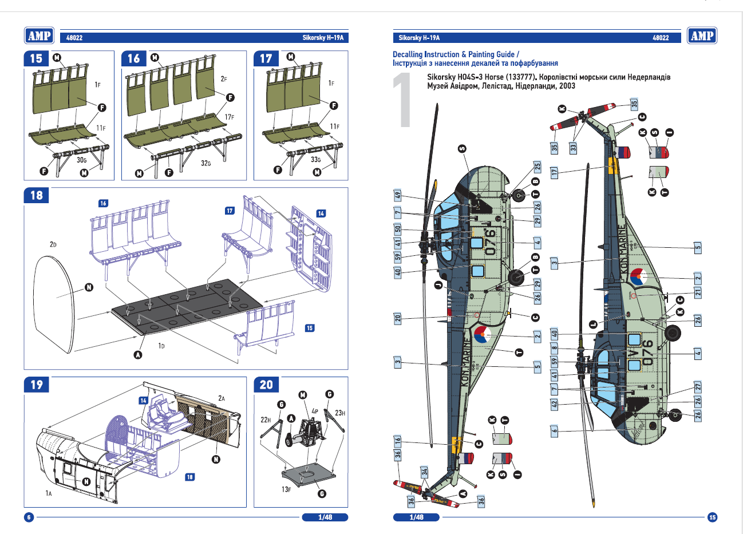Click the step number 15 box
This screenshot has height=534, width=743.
click(x=36, y=58)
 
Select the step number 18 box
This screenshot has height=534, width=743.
click(x=36, y=195)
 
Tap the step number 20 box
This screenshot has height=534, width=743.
click(x=266, y=385)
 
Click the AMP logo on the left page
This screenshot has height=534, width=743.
click(x=39, y=36)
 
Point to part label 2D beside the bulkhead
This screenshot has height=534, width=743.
click(x=53, y=244)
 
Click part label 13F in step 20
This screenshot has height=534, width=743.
click(x=286, y=489)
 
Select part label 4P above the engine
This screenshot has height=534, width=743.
click(x=315, y=411)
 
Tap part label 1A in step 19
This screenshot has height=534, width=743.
click(x=49, y=493)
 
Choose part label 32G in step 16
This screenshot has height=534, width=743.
click(x=205, y=163)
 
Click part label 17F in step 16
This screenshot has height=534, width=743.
click(x=229, y=117)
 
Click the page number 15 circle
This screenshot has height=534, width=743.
click(x=712, y=517)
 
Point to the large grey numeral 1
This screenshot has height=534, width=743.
click(x=404, y=100)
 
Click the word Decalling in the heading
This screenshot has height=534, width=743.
click(x=408, y=54)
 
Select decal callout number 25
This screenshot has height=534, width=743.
click(x=538, y=167)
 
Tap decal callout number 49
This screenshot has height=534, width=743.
click(x=398, y=195)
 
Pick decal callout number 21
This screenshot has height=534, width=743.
click(x=698, y=292)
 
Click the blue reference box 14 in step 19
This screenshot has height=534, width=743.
click(x=143, y=401)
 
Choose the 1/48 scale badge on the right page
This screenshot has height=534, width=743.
click(x=416, y=517)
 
